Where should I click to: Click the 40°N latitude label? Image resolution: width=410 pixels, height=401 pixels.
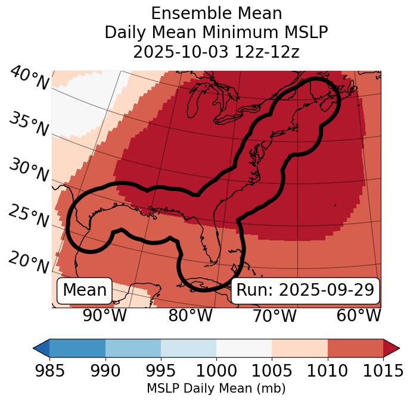point(29,79)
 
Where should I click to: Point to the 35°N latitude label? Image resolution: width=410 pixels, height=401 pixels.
point(29,124)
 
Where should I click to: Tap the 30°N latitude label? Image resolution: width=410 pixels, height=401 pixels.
point(29,171)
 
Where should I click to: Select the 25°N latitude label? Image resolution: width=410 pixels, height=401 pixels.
point(29,217)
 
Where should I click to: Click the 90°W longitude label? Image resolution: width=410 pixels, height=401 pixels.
point(105,315)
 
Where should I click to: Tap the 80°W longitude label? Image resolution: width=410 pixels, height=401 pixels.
point(190,315)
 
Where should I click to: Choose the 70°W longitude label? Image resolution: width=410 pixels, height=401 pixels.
point(275,315)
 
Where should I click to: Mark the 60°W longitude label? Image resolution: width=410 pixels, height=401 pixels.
point(359,315)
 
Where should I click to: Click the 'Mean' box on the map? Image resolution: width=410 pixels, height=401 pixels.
point(85,290)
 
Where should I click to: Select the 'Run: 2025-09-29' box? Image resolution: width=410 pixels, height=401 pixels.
point(305,290)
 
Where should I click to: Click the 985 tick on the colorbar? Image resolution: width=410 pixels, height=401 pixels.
point(49,371)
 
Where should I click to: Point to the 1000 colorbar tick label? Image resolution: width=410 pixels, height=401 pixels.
point(216,371)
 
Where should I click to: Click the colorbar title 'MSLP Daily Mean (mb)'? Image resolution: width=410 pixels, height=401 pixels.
point(216,389)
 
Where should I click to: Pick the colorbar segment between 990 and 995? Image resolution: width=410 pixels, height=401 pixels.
point(133,348)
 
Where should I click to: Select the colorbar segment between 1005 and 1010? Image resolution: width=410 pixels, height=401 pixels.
point(300,348)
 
